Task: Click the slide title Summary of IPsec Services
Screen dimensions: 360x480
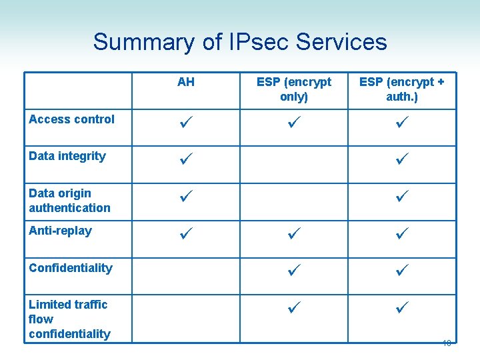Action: pos(239,42)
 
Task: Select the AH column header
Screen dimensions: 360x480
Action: pos(186,82)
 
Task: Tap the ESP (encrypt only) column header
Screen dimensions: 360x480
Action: pos(294,89)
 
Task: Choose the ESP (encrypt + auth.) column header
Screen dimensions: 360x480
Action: pos(402,89)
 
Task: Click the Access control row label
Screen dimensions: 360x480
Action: pos(71,119)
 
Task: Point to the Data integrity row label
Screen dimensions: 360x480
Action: pos(67,156)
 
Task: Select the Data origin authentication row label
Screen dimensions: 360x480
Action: pos(69,200)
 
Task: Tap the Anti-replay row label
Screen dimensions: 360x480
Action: pos(61,231)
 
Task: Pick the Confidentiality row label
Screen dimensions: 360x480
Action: pos(71,268)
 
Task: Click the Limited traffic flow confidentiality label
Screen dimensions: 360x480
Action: pos(69,319)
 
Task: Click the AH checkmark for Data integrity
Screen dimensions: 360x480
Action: pos(187,160)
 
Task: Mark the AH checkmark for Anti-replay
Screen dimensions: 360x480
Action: pos(187,235)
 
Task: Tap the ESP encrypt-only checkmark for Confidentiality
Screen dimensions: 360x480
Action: pos(294,272)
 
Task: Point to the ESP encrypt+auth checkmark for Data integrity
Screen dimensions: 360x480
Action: pos(402,160)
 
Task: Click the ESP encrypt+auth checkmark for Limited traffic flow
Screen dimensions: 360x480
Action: pos(402,309)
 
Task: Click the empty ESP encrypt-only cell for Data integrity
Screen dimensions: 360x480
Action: pos(294,164)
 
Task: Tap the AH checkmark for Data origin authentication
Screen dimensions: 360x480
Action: pos(187,197)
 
